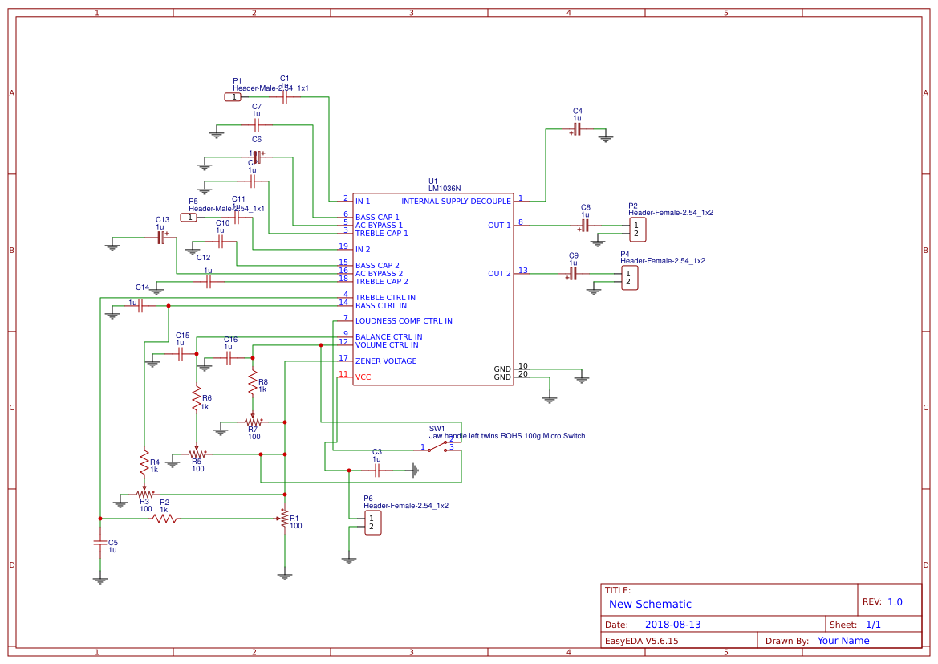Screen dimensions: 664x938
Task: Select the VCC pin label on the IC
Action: point(363,377)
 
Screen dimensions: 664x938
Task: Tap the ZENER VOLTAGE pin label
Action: point(386,361)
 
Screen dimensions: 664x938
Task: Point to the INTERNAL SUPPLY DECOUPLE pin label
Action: point(456,201)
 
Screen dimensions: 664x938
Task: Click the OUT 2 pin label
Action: point(499,274)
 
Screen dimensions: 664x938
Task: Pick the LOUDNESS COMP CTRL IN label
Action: point(404,321)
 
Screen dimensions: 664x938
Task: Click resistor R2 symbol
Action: point(165,519)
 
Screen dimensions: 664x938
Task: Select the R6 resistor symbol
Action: point(196,397)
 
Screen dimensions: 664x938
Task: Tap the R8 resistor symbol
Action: point(253,382)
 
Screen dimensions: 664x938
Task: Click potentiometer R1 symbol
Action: point(284,519)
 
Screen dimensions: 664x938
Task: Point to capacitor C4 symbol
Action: point(577,128)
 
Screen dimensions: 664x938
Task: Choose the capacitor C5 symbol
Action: point(99,544)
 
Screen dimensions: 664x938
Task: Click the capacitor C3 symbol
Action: point(376,470)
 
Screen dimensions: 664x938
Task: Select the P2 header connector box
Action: point(637,230)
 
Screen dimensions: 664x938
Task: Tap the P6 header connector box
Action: point(372,523)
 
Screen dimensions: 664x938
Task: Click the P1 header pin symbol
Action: point(233,97)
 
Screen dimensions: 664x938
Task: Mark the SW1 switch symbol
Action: point(440,446)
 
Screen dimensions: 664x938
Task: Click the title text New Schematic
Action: point(650,605)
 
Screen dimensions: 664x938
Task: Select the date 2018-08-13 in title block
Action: point(673,625)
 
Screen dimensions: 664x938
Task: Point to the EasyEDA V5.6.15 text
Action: point(641,641)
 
